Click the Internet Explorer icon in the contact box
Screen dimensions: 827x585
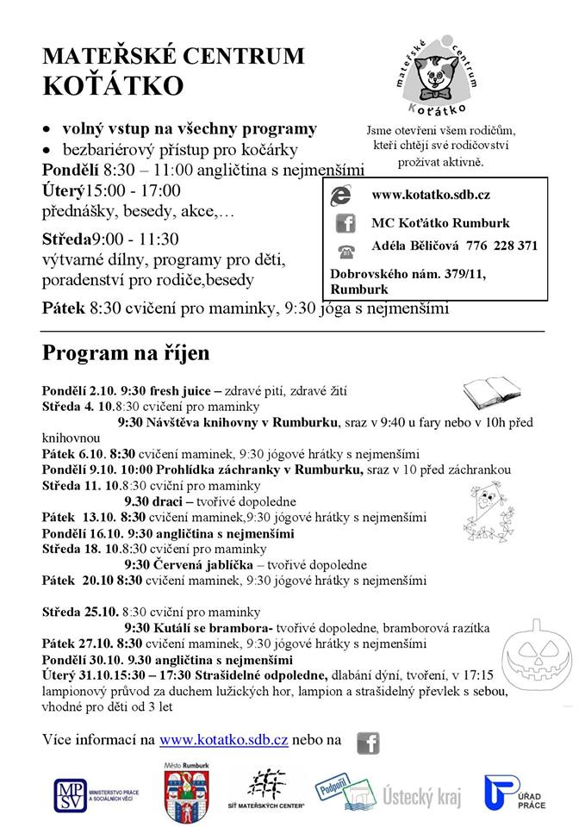click(x=344, y=196)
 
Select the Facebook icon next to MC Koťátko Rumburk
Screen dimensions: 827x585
click(x=345, y=223)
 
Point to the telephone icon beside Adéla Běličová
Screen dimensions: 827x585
click(x=345, y=251)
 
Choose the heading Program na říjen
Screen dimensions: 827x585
click(x=126, y=353)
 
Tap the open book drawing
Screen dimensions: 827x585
click(x=491, y=392)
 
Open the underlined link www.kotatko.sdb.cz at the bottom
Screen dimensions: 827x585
click(x=224, y=739)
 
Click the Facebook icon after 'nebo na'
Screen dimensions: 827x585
click(x=368, y=741)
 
